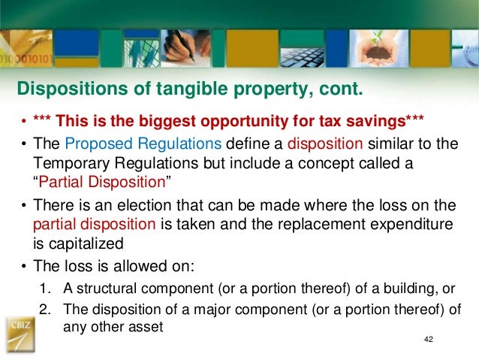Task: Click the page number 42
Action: pyautogui.click(x=429, y=340)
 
